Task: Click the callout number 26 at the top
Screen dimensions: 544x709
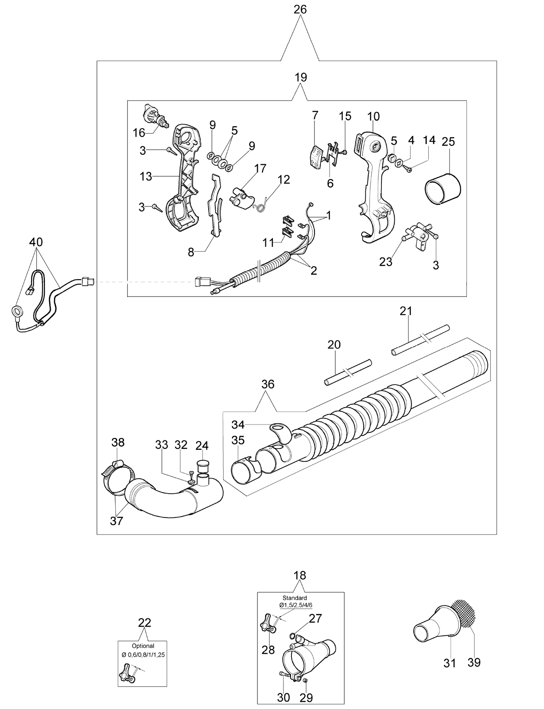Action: (x=300, y=9)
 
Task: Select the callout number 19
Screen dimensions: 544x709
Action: (x=300, y=78)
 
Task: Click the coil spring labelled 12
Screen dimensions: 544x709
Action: (x=263, y=205)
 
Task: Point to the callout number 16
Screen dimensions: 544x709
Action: (x=139, y=132)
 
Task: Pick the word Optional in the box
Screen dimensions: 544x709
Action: (x=143, y=646)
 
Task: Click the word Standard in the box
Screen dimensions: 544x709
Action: (x=295, y=598)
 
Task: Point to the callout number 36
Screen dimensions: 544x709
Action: (x=268, y=384)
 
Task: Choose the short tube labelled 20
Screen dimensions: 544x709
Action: (x=348, y=372)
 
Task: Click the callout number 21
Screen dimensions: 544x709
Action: (x=406, y=311)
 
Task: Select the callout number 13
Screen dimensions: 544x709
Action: (x=146, y=176)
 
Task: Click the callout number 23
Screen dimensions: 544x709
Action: (x=385, y=262)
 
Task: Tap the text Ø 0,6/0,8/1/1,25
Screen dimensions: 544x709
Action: (x=143, y=655)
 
